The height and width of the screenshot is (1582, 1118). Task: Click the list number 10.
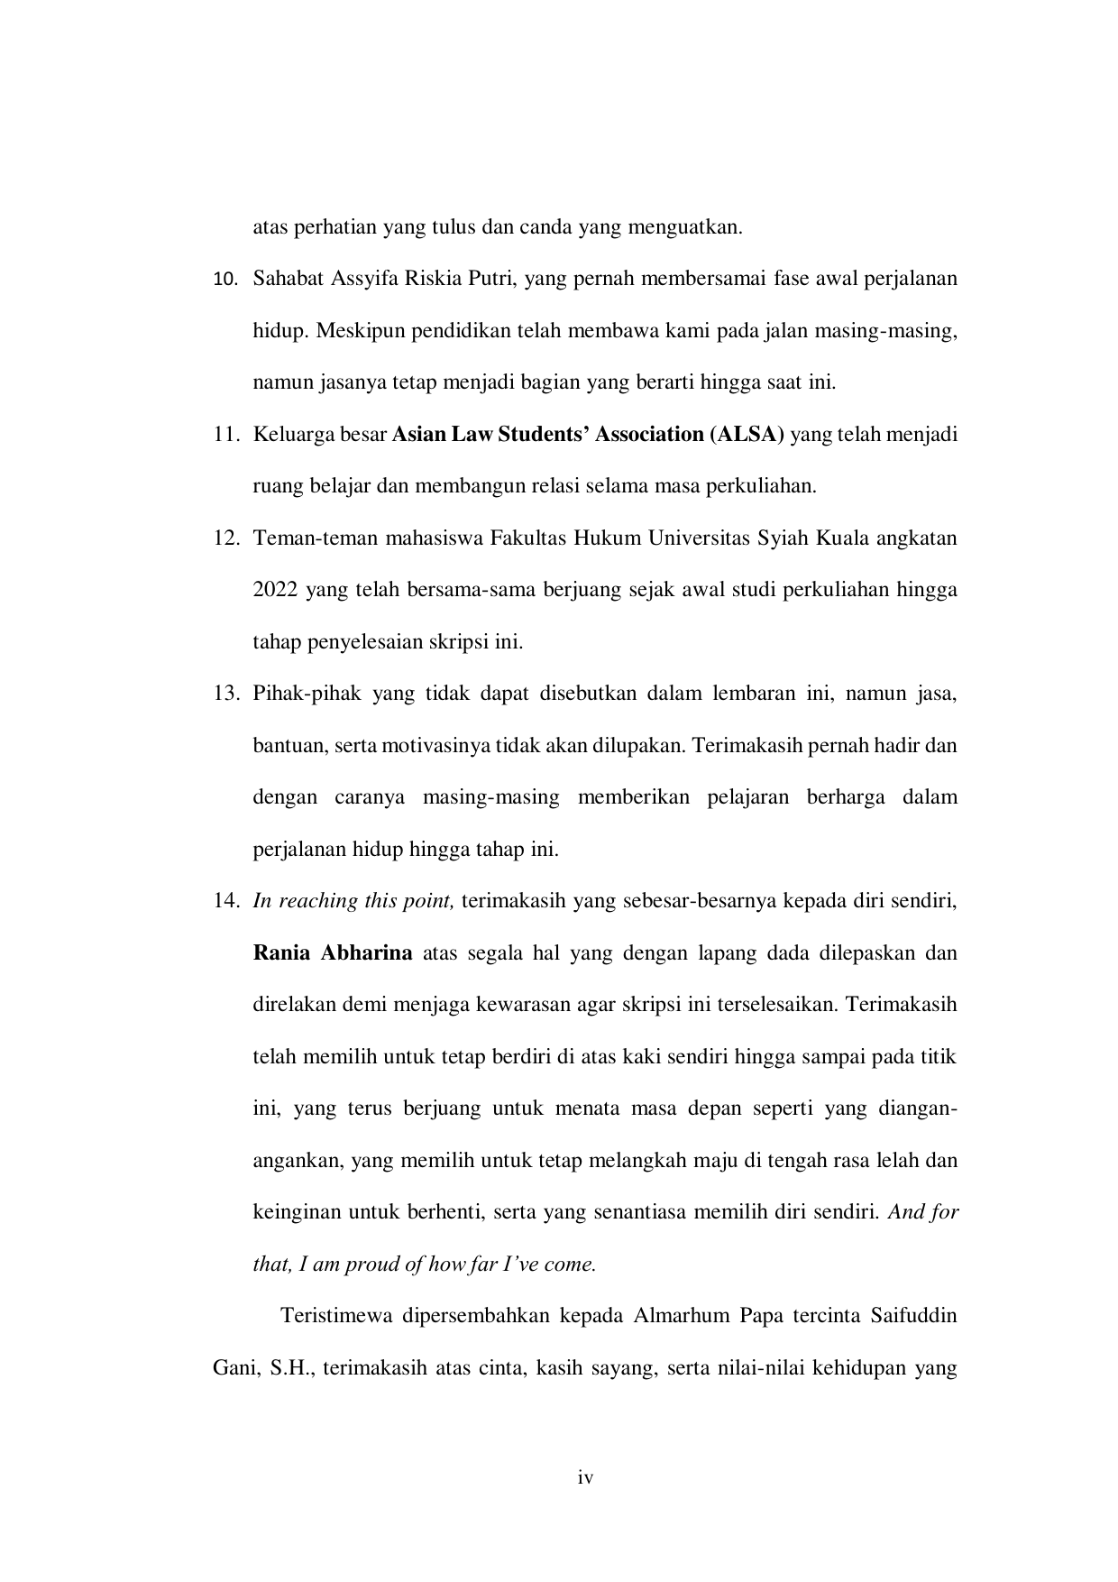click(225, 279)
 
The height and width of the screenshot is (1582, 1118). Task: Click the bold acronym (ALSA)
click(747, 435)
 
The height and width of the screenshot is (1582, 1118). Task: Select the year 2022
click(275, 591)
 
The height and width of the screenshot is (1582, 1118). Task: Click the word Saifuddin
click(914, 1316)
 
